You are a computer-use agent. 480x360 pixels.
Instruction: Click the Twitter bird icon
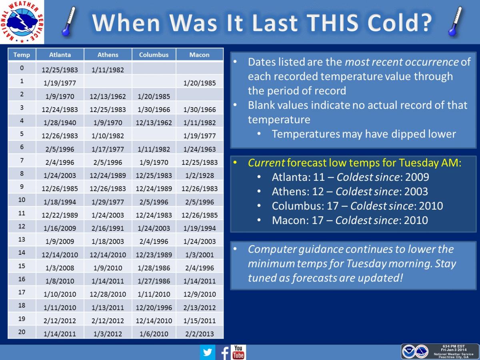[207, 352]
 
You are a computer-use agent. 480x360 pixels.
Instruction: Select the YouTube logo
[238, 352]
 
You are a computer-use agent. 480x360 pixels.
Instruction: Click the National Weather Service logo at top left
[22, 22]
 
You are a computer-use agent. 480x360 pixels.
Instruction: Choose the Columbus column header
[154, 55]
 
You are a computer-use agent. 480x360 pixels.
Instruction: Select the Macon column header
[200, 55]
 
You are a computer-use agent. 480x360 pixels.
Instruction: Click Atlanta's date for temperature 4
[60, 123]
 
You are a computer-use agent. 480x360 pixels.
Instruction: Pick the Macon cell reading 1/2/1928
[200, 175]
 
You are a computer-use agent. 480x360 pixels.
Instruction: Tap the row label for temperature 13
[22, 239]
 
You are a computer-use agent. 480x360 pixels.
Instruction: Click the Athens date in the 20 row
[108, 334]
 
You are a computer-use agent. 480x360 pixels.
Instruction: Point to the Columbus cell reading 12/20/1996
[154, 308]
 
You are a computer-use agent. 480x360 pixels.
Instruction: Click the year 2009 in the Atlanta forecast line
[417, 177]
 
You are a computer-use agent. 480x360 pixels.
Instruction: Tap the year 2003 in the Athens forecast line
[416, 192]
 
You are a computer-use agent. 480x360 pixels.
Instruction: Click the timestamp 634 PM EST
[454, 346]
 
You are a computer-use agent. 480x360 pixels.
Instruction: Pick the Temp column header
[22, 55]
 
